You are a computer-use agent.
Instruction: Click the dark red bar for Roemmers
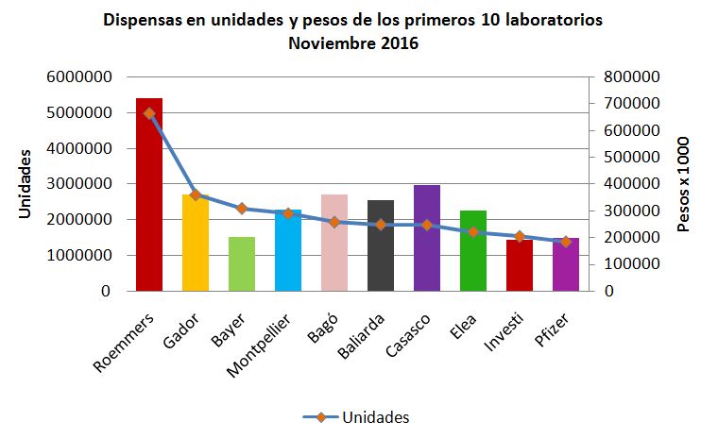click(x=149, y=208)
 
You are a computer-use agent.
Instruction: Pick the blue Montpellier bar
click(x=288, y=255)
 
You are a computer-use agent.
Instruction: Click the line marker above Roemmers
click(x=149, y=113)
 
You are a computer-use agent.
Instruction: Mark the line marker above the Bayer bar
click(x=242, y=208)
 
